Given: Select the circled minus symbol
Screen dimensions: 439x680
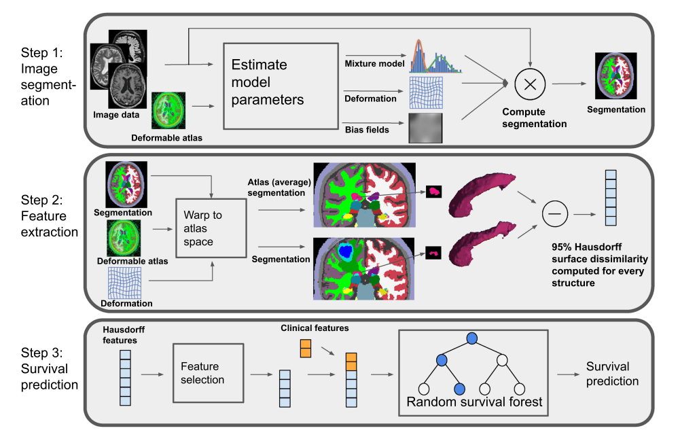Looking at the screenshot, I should [x=554, y=215].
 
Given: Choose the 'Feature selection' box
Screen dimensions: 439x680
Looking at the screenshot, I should [x=208, y=373].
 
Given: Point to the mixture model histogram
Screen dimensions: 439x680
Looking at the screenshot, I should [x=435, y=56].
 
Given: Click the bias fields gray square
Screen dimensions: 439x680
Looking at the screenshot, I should [x=426, y=128].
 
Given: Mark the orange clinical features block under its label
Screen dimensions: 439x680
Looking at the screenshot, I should [x=305, y=349].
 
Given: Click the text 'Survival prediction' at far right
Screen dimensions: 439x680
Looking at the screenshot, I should [x=612, y=374].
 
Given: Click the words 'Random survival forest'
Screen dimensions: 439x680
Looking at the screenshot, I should [x=474, y=402].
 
